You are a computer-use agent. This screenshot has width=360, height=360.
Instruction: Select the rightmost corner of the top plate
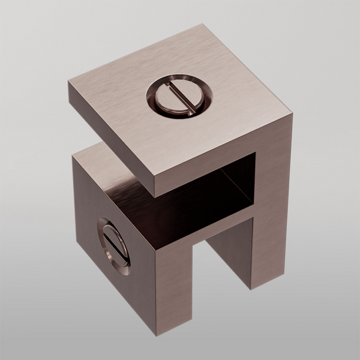pos(292,116)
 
